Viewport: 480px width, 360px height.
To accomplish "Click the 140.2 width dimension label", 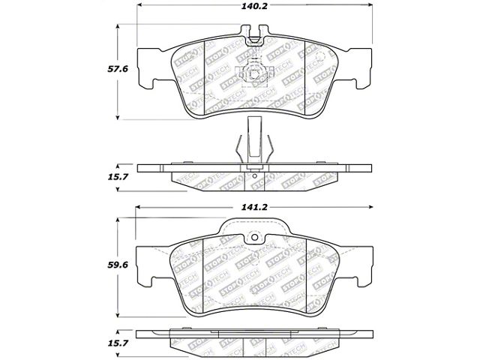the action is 254,6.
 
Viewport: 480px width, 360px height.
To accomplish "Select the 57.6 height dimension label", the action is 118,69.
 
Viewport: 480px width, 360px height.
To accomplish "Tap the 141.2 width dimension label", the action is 254,207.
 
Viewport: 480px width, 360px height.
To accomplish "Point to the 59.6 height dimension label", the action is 118,265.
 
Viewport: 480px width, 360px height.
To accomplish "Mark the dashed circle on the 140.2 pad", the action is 320,56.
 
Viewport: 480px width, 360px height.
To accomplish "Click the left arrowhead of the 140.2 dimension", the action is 139,5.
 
